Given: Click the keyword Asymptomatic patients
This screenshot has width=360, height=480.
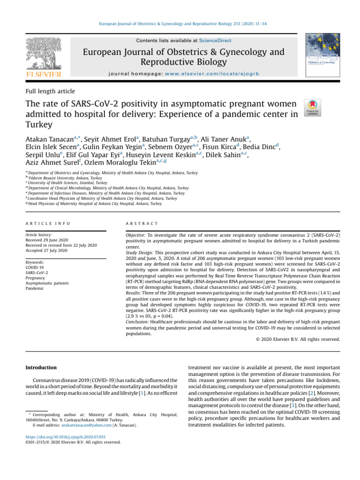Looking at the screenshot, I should (x=47, y=283).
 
